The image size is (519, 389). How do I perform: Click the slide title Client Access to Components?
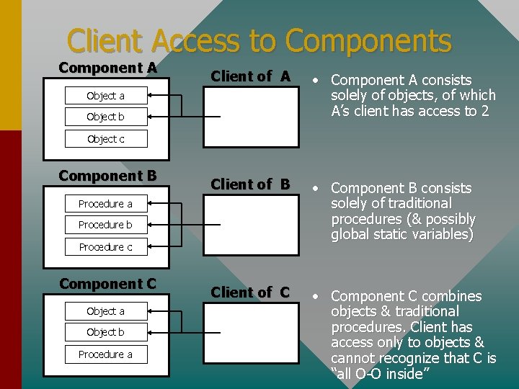pos(259,41)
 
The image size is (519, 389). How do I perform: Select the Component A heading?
pos(107,68)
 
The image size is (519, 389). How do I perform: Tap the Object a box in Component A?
pos(105,96)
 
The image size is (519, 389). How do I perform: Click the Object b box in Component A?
pos(105,117)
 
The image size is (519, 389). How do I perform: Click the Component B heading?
pos(107,176)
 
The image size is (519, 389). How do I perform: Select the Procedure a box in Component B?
pos(105,204)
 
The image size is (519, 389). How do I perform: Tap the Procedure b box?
pos(105,225)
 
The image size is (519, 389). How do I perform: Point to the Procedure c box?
pos(105,247)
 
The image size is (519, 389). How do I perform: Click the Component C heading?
pos(107,284)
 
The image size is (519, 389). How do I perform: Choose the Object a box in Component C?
pos(105,311)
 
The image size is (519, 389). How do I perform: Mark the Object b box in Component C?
pos(105,332)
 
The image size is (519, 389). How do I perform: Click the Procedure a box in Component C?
pos(105,354)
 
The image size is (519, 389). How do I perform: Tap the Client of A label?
pos(250,76)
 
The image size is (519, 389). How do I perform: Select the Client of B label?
pos(250,184)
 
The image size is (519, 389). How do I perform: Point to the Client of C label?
pos(250,292)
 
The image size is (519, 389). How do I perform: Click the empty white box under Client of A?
pos(250,117)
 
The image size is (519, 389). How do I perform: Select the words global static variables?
pos(402,235)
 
